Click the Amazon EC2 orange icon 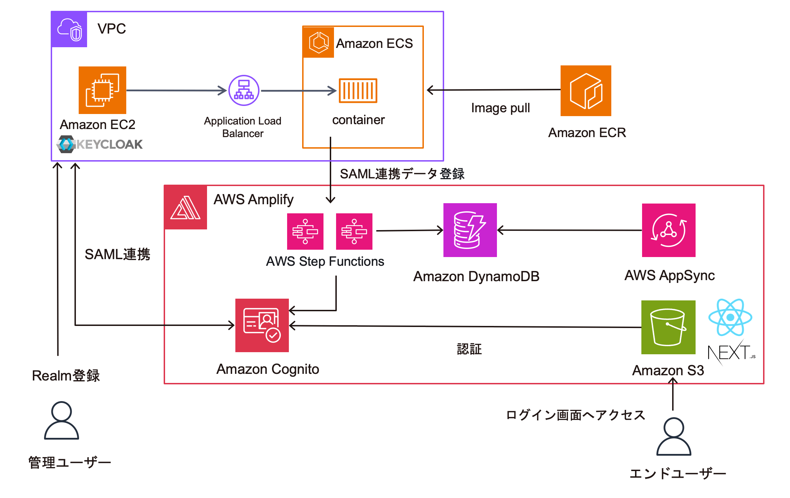[102, 90]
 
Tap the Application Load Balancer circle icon [244, 90]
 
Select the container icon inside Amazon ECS [358, 91]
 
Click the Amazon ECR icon [586, 91]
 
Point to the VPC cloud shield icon [69, 29]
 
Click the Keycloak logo [100, 144]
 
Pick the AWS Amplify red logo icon [185, 207]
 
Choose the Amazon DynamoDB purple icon [470, 230]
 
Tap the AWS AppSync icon [669, 230]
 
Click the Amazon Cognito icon [262, 325]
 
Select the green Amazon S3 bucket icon [668, 327]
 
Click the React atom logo [730, 317]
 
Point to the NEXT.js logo [731, 352]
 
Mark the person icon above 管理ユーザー [62, 420]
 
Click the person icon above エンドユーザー [674, 436]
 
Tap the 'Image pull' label [500, 108]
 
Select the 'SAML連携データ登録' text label [402, 174]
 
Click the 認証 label [469, 349]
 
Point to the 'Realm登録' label [66, 376]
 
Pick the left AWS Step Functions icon [305, 232]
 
